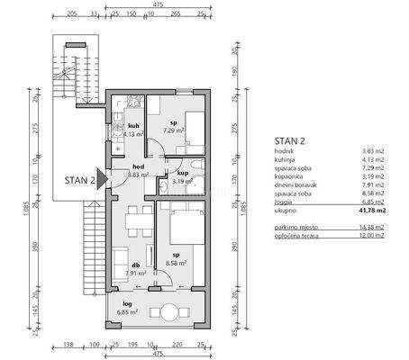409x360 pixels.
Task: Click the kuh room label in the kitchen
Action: pos(132,125)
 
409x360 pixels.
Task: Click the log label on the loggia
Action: pos(127,303)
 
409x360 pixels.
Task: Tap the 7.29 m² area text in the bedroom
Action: pos(174,130)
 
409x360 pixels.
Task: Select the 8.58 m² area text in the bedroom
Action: pos(177,263)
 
